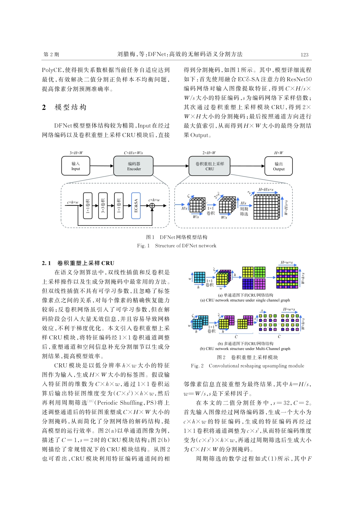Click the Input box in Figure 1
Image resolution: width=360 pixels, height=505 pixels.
76,166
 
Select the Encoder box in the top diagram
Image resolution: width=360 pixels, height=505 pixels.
134,166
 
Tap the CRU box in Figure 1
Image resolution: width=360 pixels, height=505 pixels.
210,166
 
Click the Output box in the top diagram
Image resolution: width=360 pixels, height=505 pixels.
279,166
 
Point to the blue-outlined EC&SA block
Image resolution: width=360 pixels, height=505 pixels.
136,205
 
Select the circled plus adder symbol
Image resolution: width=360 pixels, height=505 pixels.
152,206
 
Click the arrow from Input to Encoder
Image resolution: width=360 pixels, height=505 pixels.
102,166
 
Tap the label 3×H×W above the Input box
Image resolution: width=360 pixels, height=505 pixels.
76,153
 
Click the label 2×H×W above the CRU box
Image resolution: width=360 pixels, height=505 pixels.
209,153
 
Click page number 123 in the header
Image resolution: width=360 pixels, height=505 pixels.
304,55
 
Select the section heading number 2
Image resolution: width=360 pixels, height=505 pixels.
44,108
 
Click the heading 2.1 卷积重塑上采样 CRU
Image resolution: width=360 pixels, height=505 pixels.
78,263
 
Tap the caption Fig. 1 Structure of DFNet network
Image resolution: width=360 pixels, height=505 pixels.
177,246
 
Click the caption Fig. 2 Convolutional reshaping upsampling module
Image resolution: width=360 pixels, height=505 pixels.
247,366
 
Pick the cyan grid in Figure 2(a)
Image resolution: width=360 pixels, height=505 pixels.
199,277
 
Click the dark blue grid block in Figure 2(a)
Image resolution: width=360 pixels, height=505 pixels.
248,284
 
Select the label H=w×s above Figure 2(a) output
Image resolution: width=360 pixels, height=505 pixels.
287,263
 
